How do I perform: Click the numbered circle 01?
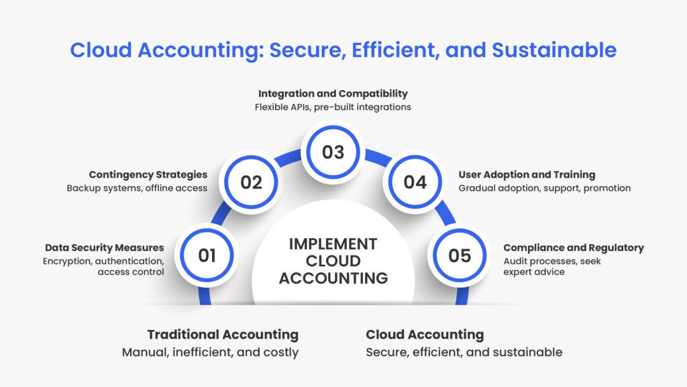(207, 255)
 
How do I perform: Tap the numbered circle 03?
(333, 152)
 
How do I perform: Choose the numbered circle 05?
(460, 255)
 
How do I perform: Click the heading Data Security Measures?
(104, 247)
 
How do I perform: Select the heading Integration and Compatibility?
(333, 93)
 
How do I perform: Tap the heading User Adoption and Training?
(527, 174)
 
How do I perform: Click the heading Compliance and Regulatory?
(573, 247)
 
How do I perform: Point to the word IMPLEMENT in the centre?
(333, 243)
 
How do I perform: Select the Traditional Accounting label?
(223, 334)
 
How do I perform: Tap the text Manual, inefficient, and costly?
(210, 352)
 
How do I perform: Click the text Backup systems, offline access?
(137, 188)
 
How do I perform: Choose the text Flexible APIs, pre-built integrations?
(333, 107)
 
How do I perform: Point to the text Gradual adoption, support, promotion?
(545, 188)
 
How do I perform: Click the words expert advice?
(535, 272)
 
